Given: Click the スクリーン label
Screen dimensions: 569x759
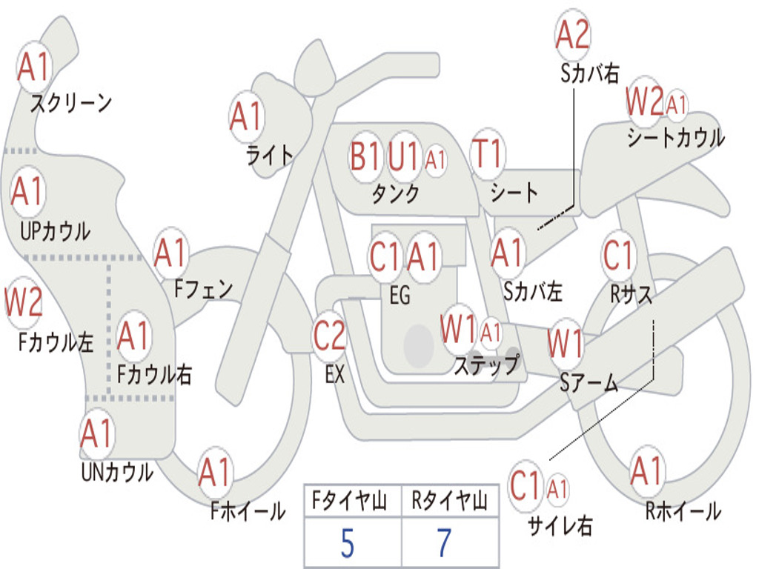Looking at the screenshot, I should tap(70, 103).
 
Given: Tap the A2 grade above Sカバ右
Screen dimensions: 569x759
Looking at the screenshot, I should tap(572, 35).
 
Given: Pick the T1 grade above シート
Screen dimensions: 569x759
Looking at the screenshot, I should tap(488, 154).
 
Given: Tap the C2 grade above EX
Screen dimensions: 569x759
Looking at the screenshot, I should tap(329, 336).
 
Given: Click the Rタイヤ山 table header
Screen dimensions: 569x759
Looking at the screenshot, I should tap(449, 502).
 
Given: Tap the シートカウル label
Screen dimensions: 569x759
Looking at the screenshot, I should tap(675, 138).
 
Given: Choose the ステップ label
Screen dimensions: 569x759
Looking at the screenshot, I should tap(486, 365).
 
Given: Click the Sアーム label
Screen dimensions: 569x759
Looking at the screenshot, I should tap(589, 383).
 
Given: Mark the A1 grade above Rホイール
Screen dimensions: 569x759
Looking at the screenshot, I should tap(647, 471).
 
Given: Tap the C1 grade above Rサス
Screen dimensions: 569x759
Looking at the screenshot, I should tap(618, 256).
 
